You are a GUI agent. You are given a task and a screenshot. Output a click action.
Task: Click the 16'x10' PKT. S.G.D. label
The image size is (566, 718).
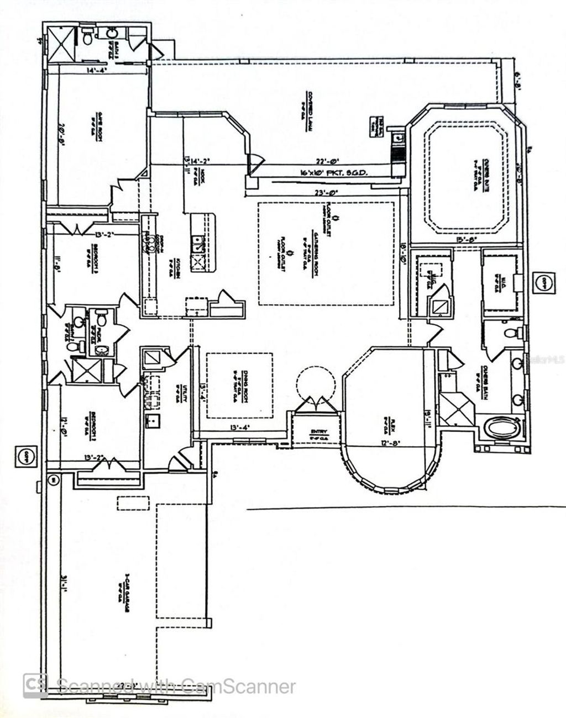point(328,172)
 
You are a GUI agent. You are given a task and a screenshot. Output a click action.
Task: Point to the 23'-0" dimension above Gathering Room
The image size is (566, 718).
point(326,193)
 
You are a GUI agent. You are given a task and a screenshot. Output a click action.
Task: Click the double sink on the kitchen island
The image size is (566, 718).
point(198,245)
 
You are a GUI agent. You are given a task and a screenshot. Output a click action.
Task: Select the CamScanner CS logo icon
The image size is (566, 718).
point(35,687)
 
